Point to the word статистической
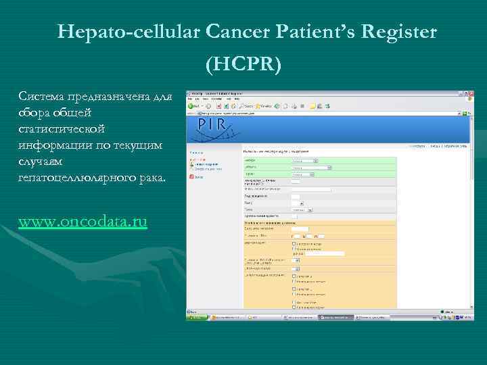[x=62, y=128]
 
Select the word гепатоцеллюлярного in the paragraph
[x=74, y=177]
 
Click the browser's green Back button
[x=193, y=106]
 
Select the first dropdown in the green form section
[x=304, y=161]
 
